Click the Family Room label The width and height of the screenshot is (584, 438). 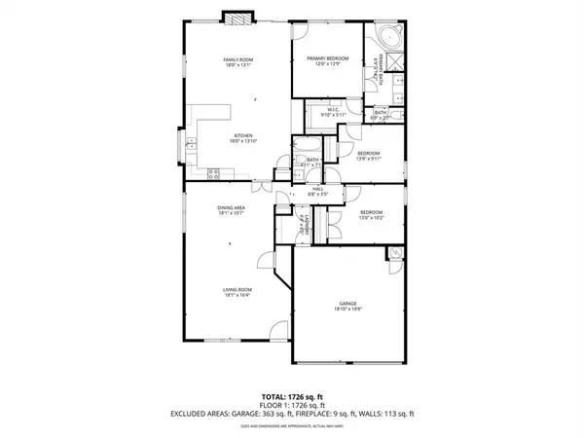click(x=238, y=63)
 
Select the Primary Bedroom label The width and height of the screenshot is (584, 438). click(x=327, y=61)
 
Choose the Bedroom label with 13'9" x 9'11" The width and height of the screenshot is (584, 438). click(x=368, y=156)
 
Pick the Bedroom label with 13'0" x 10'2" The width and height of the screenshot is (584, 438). click(x=372, y=215)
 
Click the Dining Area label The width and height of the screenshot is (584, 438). click(x=231, y=211)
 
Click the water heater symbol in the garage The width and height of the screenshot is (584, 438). click(x=394, y=254)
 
